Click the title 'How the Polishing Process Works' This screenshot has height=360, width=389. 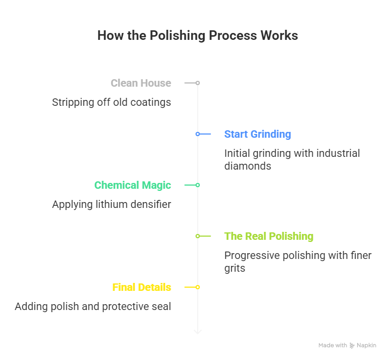click(198, 36)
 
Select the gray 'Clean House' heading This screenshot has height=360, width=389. click(141, 83)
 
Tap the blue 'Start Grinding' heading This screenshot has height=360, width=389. click(257, 134)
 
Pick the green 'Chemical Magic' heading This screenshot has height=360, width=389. click(132, 185)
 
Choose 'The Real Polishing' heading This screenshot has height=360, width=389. click(268, 236)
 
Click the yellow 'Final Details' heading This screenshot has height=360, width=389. click(141, 287)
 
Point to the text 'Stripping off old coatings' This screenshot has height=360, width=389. click(112, 102)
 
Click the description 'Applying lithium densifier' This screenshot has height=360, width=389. click(112, 204)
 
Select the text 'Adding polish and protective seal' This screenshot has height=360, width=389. click(93, 306)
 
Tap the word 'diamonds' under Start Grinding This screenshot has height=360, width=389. click(248, 166)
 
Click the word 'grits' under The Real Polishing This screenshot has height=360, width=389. click(235, 268)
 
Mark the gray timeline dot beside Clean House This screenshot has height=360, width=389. click(198, 83)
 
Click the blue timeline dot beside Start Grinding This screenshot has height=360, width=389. click(198, 134)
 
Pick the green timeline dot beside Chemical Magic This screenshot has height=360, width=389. click(198, 185)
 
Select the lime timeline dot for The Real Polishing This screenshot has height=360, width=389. click(198, 236)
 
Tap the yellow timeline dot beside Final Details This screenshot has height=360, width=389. click(198, 287)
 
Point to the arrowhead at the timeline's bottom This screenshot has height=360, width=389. click(198, 332)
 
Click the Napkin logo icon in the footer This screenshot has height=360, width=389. click(352, 346)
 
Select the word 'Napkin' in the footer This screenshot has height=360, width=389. click(367, 346)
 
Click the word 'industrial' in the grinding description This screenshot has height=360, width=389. click(335, 153)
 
